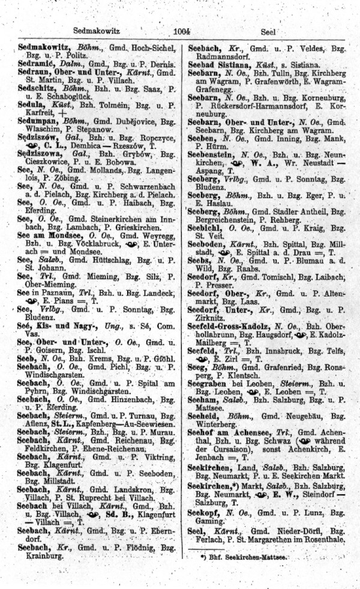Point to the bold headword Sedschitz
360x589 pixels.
click(x=37, y=88)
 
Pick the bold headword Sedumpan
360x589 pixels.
click(x=37, y=121)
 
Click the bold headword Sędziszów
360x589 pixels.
click(x=38, y=137)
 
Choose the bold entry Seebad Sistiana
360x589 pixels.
click(x=219, y=63)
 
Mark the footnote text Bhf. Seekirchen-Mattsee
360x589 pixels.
click(x=245, y=557)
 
